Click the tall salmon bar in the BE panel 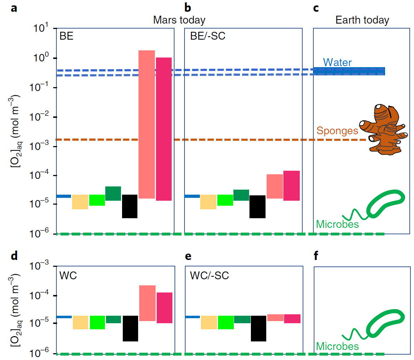click(146, 124)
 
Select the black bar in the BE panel click(130, 206)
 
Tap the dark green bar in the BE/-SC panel click(241, 195)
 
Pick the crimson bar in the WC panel click(164, 308)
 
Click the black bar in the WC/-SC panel click(258, 328)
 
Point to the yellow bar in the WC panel click(80, 322)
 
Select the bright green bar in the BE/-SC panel click(225, 200)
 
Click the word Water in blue click(337, 62)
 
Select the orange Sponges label click(337, 131)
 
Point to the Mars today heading click(179, 20)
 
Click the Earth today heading click(362, 20)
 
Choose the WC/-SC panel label click(209, 275)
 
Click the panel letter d click(14, 256)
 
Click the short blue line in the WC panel click(64, 317)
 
